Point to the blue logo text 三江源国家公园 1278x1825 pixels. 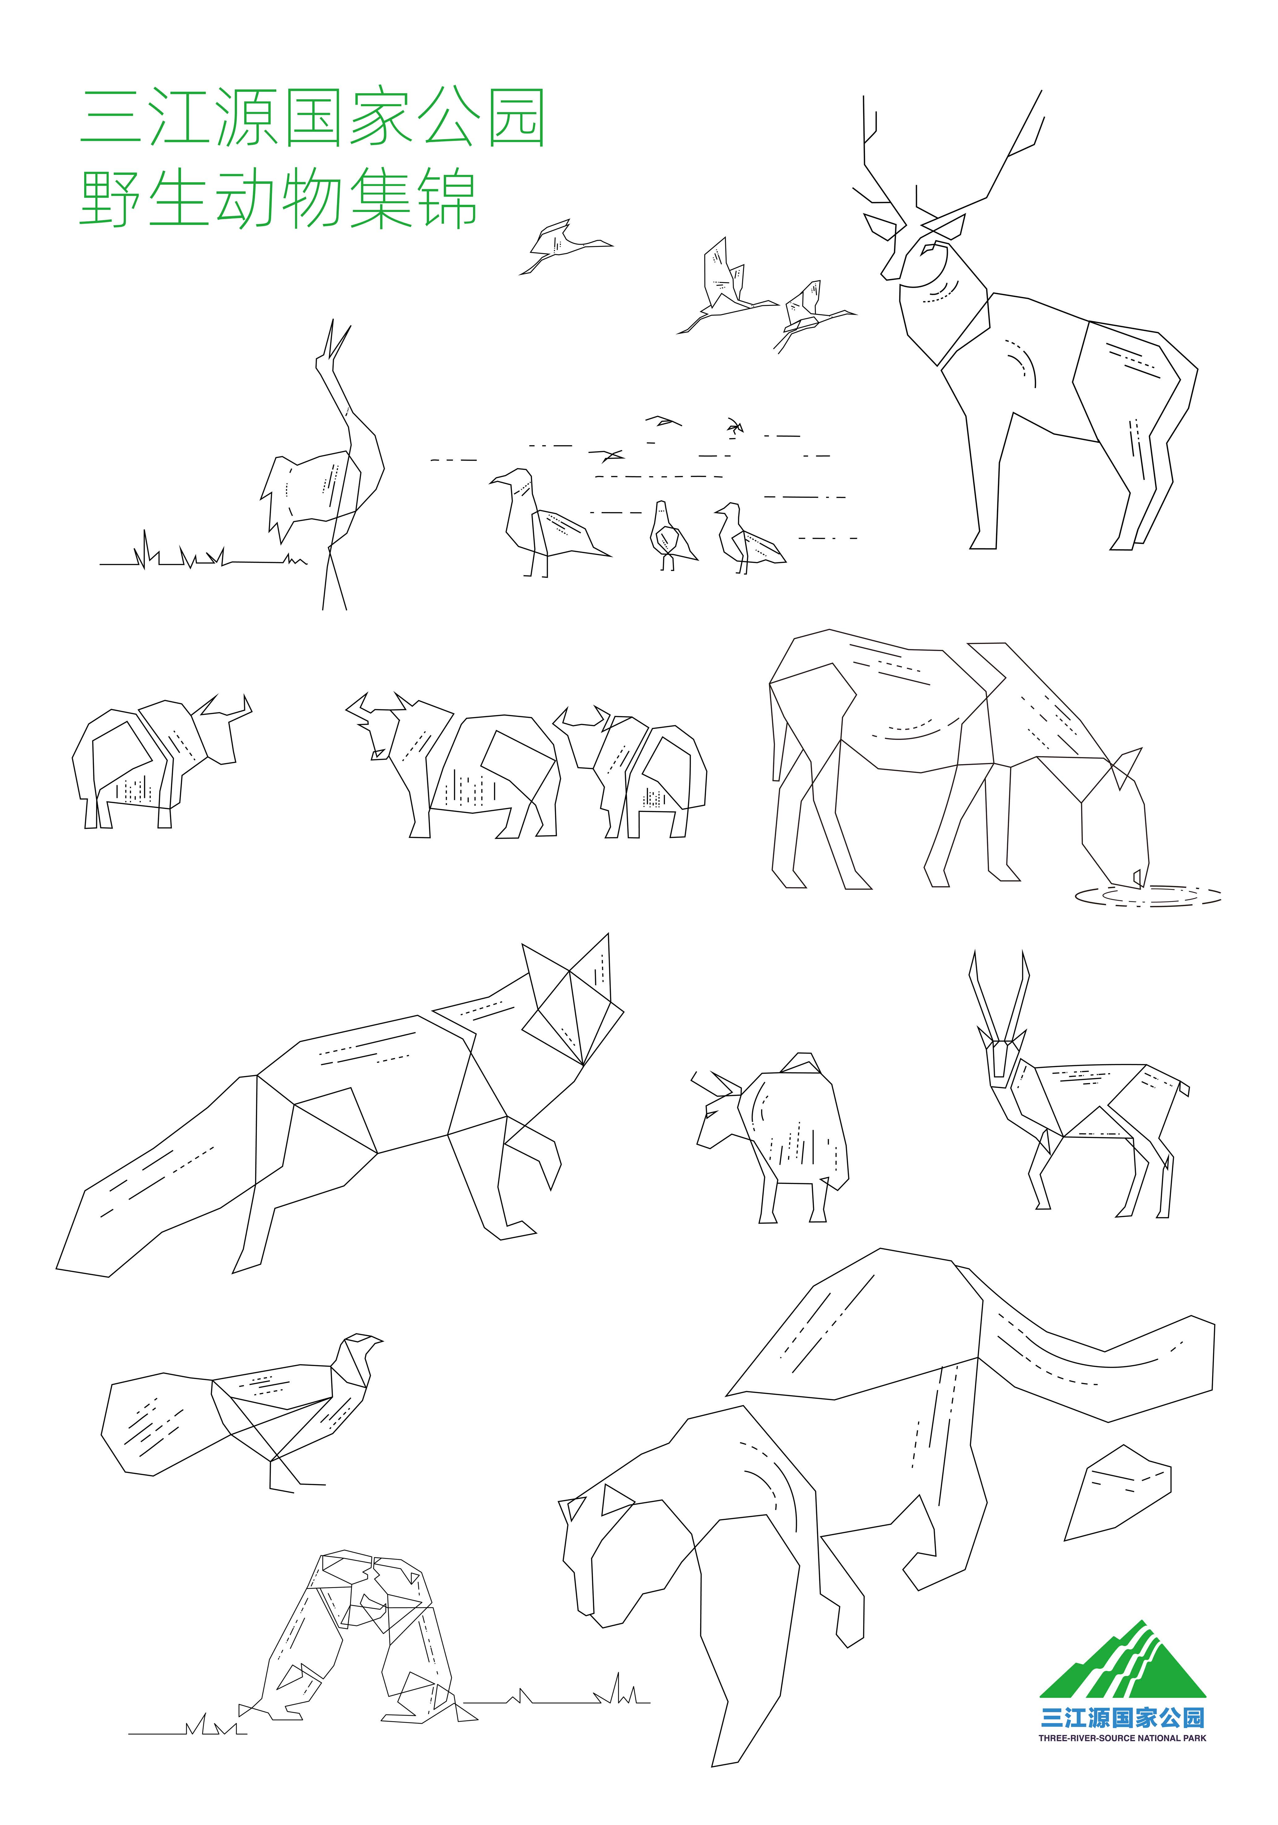(x=1122, y=1718)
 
